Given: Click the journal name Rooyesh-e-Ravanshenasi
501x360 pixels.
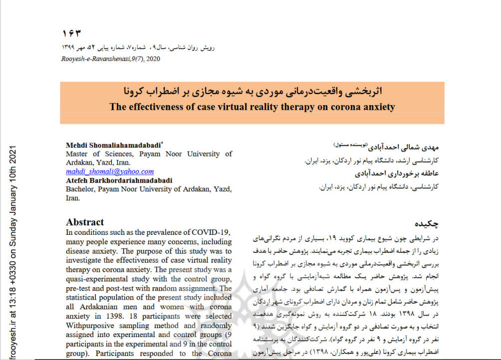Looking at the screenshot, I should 93,59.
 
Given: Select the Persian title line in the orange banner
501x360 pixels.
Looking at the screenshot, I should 251,92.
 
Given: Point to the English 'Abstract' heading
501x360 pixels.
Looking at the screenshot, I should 85,222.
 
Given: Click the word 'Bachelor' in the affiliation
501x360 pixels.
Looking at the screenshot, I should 81,189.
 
